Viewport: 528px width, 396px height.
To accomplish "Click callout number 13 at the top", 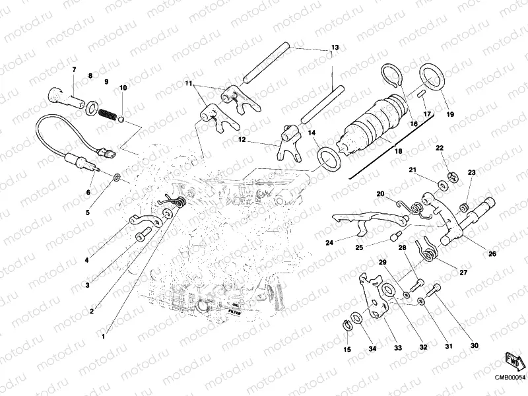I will coord(335,48).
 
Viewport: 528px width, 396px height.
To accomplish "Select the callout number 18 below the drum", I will coord(397,151).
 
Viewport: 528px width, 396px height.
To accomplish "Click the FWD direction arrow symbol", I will coord(513,360).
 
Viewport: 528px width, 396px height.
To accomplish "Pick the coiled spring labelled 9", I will coord(108,113).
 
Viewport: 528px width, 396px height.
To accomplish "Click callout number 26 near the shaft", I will coord(492,253).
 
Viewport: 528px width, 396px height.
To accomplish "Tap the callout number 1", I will coord(102,335).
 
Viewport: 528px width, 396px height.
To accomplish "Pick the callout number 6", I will coord(87,192).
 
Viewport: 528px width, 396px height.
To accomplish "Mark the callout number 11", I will coord(188,84).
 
